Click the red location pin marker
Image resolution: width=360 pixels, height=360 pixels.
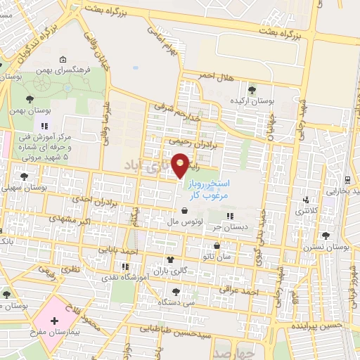coord(181,166)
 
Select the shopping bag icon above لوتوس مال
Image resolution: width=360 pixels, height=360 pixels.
coord(184,211)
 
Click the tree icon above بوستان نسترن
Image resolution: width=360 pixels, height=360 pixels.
coord(325,236)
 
